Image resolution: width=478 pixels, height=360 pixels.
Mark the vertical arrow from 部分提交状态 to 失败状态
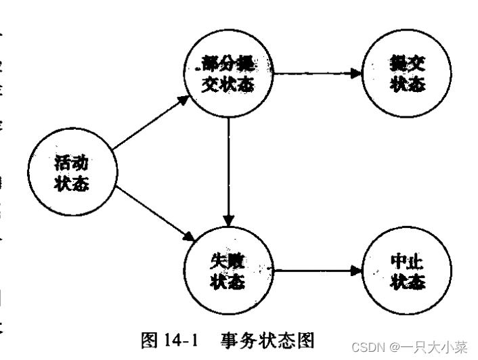pos(230,169)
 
